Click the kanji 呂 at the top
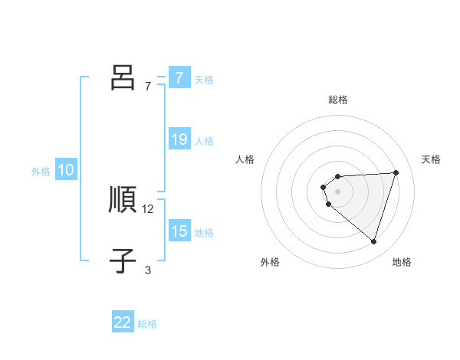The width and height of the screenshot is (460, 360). [x=123, y=77]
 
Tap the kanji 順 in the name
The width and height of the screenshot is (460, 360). [x=123, y=200]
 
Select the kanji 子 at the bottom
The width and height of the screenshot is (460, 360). [x=123, y=261]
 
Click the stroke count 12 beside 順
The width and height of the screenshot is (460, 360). [x=148, y=208]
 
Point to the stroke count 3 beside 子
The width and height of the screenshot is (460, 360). [x=148, y=270]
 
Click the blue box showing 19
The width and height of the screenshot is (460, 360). [x=179, y=139]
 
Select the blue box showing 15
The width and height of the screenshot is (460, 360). [x=179, y=231]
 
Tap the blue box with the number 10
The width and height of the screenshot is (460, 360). [x=66, y=171]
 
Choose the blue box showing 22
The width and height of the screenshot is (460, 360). [x=123, y=322]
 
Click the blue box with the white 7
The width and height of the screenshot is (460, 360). [x=179, y=77]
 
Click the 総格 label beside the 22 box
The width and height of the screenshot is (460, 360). [x=147, y=324]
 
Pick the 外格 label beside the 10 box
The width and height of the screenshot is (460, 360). [x=41, y=172]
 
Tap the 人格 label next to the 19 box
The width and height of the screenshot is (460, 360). [x=204, y=141]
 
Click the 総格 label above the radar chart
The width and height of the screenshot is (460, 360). [x=338, y=100]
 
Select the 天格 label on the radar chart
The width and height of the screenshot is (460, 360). [x=431, y=159]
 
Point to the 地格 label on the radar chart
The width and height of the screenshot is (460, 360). [x=402, y=262]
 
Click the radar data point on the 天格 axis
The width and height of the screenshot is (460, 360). [x=396, y=172]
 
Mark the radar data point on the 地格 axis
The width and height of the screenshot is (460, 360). [x=373, y=241]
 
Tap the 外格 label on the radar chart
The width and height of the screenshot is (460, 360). [x=270, y=262]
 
